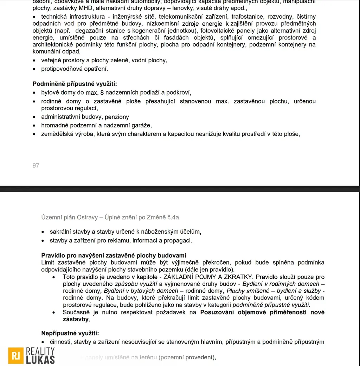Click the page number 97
[x=36, y=165]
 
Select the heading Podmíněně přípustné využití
[x=75, y=84]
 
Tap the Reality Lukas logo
[x=32, y=355]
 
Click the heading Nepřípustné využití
[x=70, y=333]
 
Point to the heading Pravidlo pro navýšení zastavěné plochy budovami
[x=114, y=255]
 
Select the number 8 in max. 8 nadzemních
[x=102, y=93]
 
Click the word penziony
[x=117, y=117]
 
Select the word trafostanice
[x=247, y=17]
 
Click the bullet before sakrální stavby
[x=43, y=232]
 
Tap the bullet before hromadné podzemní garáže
[x=34, y=125]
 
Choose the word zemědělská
[x=56, y=134]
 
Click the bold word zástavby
[x=76, y=320]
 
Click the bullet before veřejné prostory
[x=34, y=60]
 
